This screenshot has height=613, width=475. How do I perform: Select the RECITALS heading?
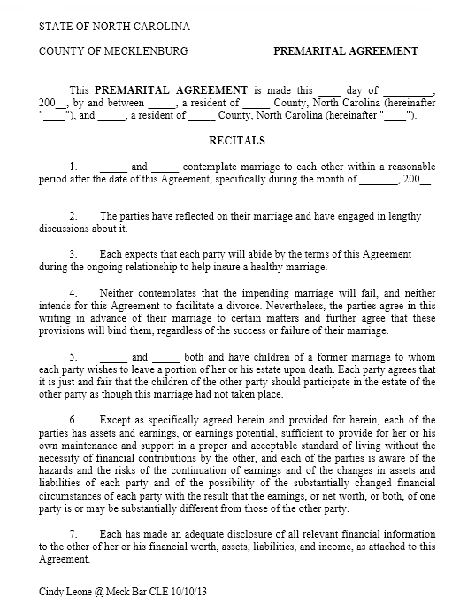click(x=236, y=141)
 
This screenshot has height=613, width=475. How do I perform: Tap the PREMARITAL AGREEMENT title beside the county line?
click(x=345, y=51)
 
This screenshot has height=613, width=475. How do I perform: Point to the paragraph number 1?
click(x=73, y=167)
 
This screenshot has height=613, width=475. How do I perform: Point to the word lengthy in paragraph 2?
click(x=406, y=216)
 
